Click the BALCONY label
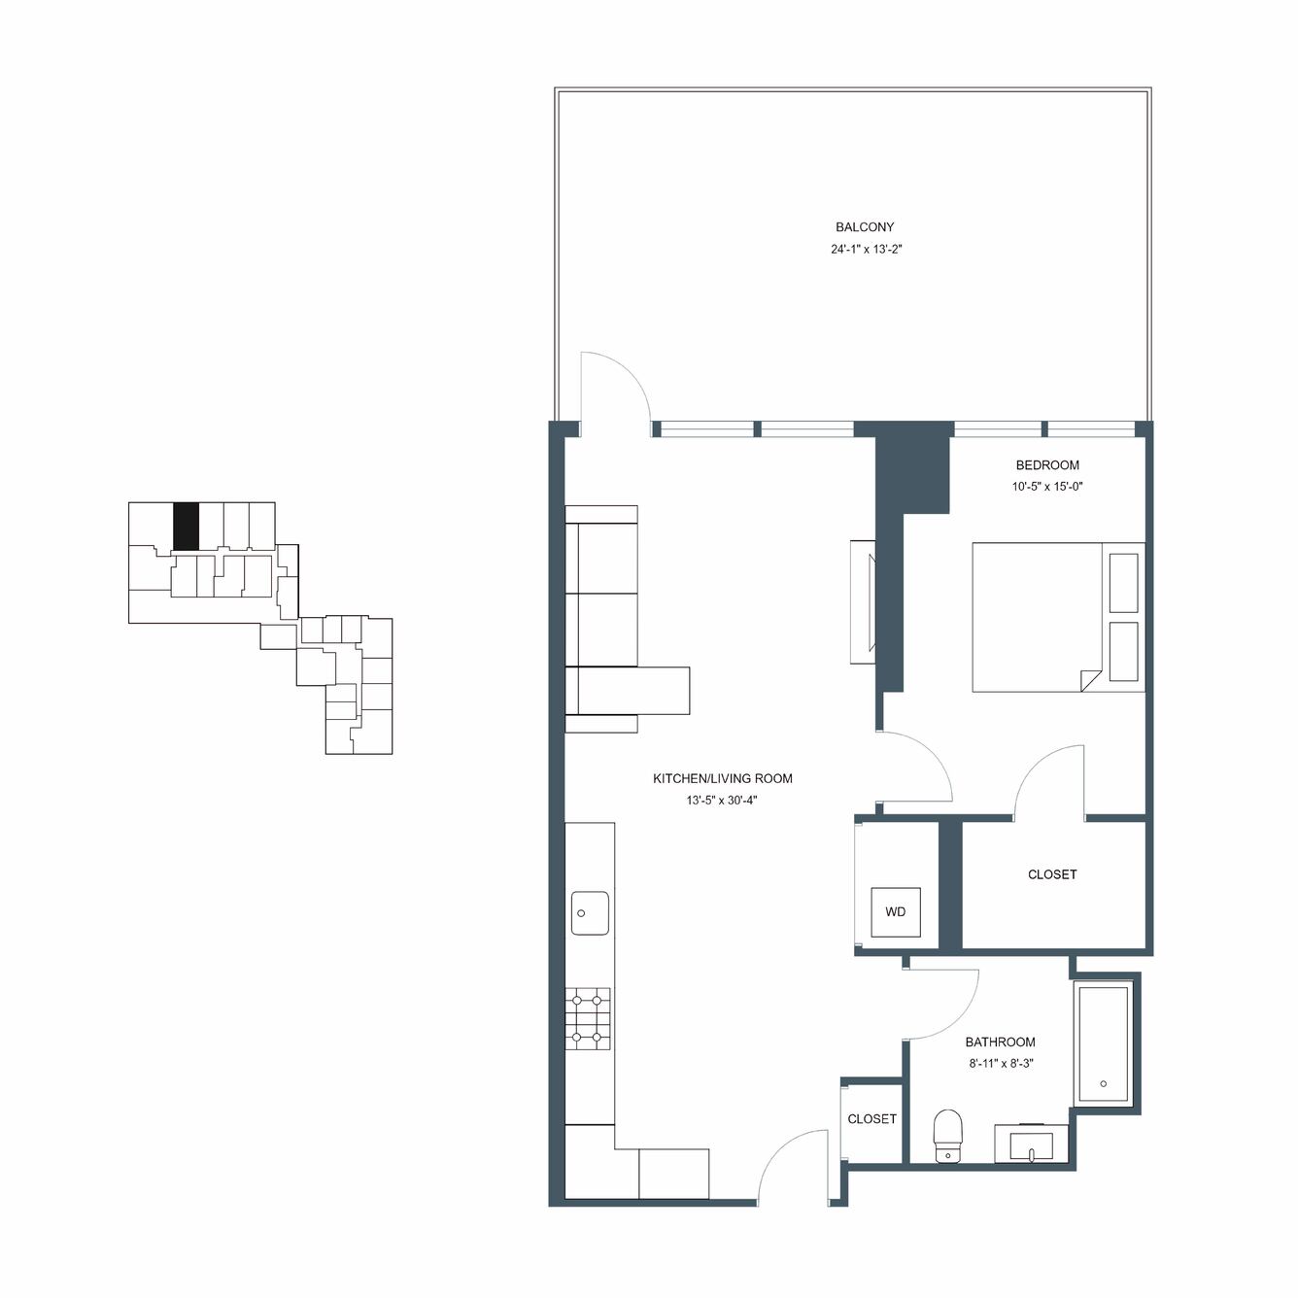[865, 227]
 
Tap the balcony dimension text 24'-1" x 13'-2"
[866, 250]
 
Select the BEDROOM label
[1047, 464]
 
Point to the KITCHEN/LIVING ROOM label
[723, 778]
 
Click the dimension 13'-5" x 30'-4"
[723, 801]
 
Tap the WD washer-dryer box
[895, 912]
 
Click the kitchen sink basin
[590, 912]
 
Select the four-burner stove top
[588, 1019]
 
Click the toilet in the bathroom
[948, 1137]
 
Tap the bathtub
[1104, 1044]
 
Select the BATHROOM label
[1001, 1042]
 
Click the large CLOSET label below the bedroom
[1052, 874]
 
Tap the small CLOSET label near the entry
[871, 1119]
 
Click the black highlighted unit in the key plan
[186, 526]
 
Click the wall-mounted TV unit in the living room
[863, 602]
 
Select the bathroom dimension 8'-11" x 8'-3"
[1001, 1064]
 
